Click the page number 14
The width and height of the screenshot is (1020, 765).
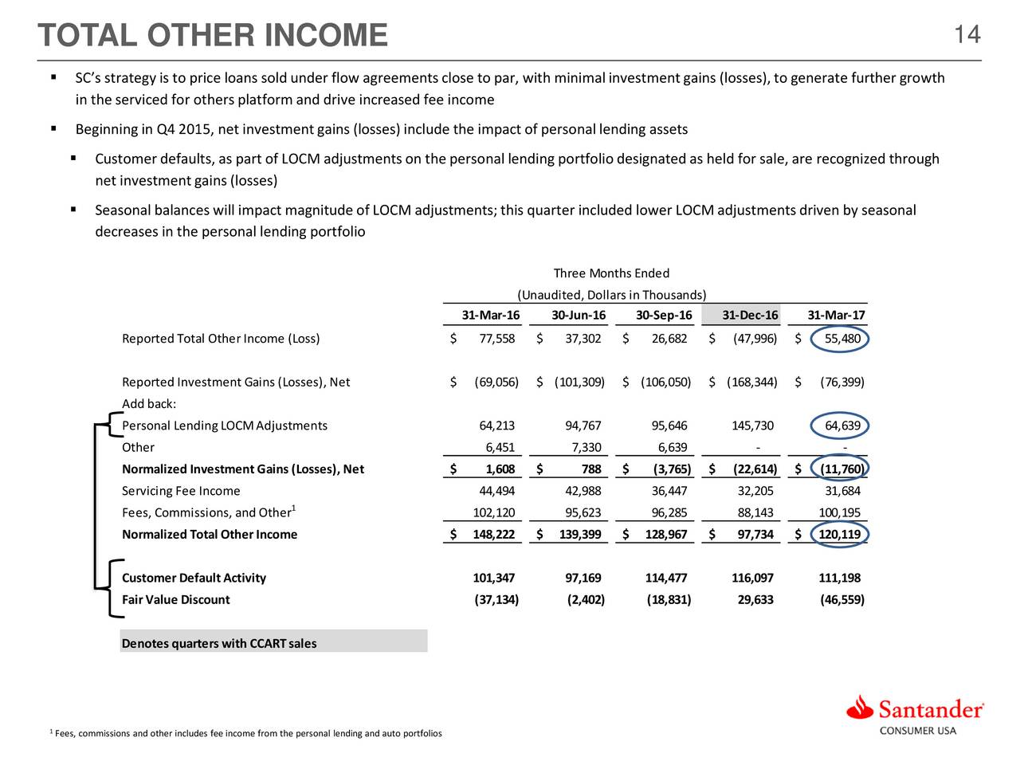pyautogui.click(x=967, y=34)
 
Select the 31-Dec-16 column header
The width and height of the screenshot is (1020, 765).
pyautogui.click(x=750, y=316)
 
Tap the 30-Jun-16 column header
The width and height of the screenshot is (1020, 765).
pyautogui.click(x=578, y=316)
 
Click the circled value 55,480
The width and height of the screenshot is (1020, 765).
pyautogui.click(x=841, y=339)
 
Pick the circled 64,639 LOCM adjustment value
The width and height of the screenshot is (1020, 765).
pyautogui.click(x=841, y=426)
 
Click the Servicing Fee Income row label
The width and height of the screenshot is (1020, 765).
pyautogui.click(x=181, y=491)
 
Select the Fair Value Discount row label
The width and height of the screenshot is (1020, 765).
pyautogui.click(x=175, y=599)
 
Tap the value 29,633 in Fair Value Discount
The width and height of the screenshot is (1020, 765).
pyautogui.click(x=755, y=599)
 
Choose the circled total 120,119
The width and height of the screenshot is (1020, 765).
pyautogui.click(x=839, y=534)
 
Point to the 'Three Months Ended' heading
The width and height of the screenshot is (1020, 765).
pyautogui.click(x=611, y=273)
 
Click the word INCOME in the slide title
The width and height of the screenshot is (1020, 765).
pyautogui.click(x=326, y=36)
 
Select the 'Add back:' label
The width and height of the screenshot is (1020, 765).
pyautogui.click(x=149, y=404)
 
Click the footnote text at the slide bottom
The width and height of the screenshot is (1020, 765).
pyautogui.click(x=247, y=733)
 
